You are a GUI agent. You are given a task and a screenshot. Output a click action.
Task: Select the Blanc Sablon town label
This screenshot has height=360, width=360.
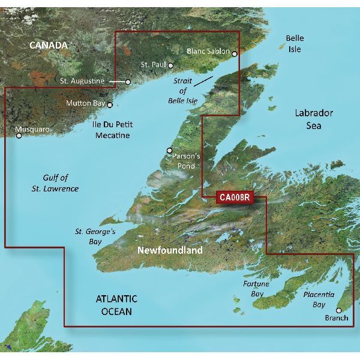tap(208, 52)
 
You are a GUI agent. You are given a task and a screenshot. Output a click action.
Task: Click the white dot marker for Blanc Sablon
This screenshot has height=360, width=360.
tap(235, 54)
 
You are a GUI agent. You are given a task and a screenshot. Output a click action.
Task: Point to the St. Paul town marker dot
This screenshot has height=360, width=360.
tap(171, 66)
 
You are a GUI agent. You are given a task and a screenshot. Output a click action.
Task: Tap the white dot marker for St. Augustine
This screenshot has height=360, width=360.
tap(128, 82)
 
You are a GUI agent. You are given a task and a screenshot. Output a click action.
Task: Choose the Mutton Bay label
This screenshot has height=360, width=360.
tap(85, 103)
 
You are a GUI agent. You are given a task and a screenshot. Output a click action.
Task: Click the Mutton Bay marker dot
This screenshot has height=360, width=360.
tap(110, 104)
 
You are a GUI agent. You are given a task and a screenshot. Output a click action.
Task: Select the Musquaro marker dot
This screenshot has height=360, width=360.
tap(19, 136)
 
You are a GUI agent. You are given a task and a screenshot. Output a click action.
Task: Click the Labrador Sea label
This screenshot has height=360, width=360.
tap(313, 119)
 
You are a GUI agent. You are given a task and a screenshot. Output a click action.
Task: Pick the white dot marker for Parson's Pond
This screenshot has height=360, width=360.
tap(169, 151)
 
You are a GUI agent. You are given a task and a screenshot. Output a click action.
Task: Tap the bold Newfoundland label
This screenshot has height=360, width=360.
tap(170, 250)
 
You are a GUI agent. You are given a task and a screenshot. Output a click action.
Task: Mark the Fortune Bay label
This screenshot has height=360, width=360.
tap(256, 289)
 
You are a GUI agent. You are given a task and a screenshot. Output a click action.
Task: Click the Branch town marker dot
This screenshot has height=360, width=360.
tap(338, 310)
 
